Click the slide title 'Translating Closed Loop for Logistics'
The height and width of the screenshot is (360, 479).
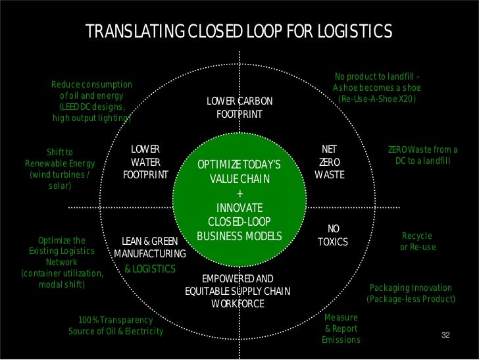click(239, 31)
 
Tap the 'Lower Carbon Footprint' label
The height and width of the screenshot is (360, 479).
click(239, 108)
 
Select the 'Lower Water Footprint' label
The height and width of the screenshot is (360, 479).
click(145, 162)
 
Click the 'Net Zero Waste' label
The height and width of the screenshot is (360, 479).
click(329, 162)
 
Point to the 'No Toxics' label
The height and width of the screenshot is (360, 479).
click(333, 235)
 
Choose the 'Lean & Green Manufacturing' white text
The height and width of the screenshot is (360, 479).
click(150, 247)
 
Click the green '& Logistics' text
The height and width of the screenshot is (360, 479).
click(150, 269)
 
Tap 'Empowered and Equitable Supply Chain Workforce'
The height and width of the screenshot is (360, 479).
click(238, 291)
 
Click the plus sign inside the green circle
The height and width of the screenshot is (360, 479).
click(239, 193)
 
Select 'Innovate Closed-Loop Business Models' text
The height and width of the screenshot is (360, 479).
click(239, 222)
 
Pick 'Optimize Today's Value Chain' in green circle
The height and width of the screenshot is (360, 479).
click(239, 171)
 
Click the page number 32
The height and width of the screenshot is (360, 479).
click(445, 336)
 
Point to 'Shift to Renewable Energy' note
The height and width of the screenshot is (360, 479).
click(60, 168)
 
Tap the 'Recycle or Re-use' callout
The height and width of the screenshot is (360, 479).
click(417, 241)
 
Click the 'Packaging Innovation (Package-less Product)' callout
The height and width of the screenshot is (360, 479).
click(411, 294)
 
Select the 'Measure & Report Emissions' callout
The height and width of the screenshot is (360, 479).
click(341, 328)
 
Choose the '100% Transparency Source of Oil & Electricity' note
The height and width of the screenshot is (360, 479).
click(116, 326)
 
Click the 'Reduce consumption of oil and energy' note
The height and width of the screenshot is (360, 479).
click(92, 101)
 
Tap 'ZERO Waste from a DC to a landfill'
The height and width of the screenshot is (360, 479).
click(422, 155)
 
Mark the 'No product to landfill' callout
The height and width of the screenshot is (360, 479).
click(376, 88)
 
